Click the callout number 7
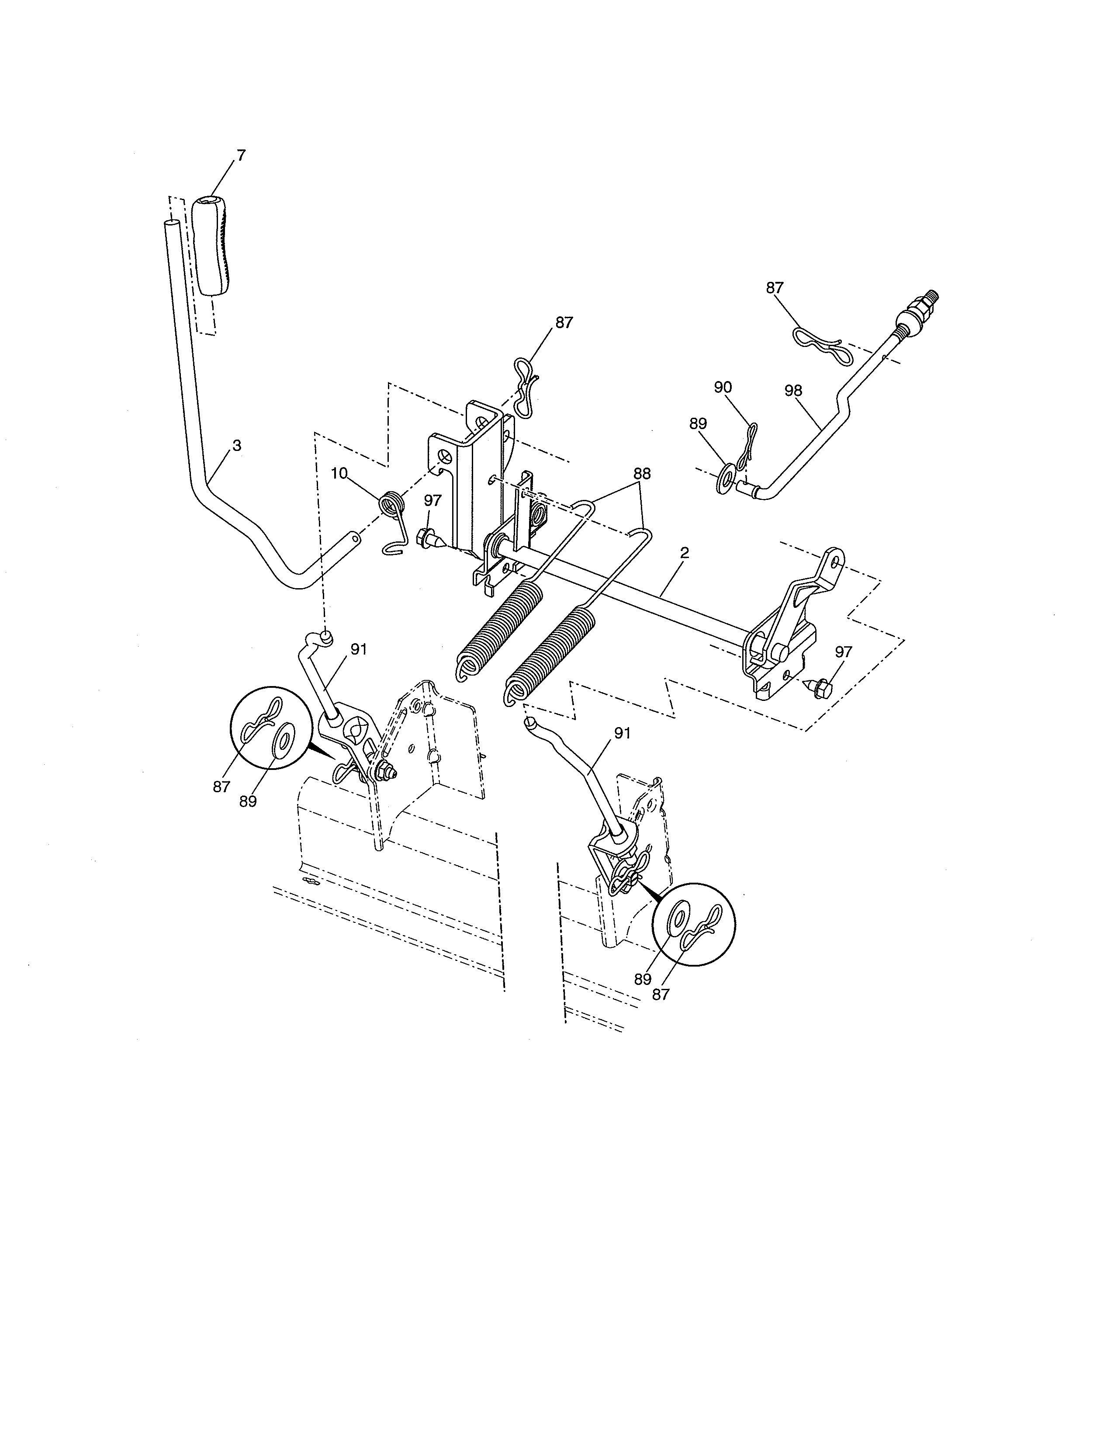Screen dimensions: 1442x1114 click(x=241, y=156)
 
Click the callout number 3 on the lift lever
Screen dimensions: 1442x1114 click(x=237, y=446)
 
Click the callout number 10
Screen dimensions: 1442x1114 click(x=339, y=473)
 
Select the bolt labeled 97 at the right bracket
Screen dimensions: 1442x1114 click(x=820, y=688)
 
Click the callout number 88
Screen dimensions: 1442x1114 click(x=641, y=473)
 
